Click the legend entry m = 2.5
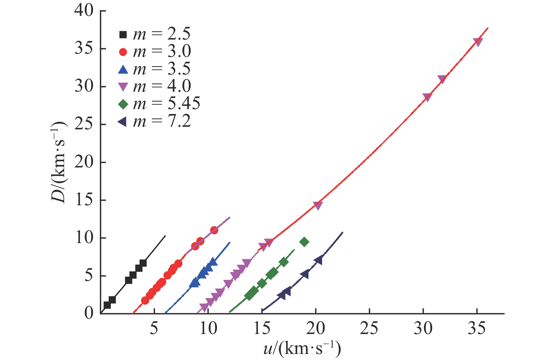155,34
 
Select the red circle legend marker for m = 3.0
123,52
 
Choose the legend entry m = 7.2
155,122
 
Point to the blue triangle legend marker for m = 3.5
123,69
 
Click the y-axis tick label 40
84,11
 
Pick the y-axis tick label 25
84,124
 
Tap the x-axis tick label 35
477,328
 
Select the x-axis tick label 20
315,328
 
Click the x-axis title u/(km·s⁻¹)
302,348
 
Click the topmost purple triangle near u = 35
478,42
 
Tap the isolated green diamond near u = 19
304,242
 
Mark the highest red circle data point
214,230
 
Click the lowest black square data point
107,305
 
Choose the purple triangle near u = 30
427,97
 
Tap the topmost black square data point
143,263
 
